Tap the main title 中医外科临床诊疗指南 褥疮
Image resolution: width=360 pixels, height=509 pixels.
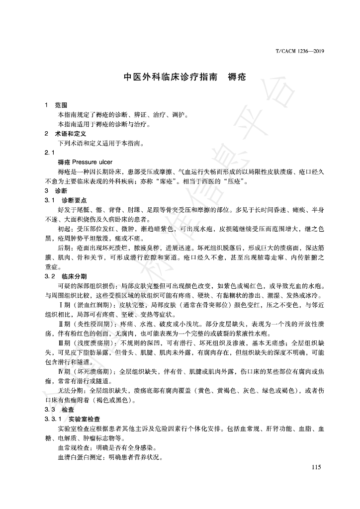coord(185,78)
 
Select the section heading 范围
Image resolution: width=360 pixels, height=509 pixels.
coord(61,106)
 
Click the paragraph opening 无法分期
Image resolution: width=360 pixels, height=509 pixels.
coord(69,391)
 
